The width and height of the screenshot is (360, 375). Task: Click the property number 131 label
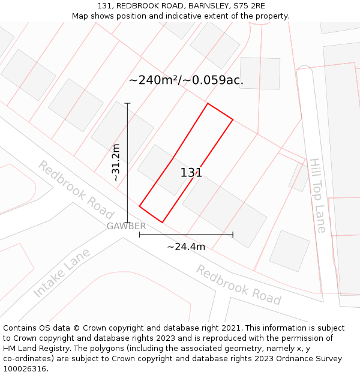[x=191, y=173]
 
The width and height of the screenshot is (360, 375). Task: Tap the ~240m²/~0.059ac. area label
[x=186, y=80]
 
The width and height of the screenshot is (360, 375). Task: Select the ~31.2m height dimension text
[x=116, y=163]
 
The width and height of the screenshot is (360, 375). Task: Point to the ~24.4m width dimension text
[x=186, y=247]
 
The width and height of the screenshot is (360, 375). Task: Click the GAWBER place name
[x=126, y=226]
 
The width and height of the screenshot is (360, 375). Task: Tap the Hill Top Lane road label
[x=317, y=195]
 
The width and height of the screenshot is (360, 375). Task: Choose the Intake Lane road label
[x=62, y=273]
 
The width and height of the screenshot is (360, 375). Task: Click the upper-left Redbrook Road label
[x=76, y=190]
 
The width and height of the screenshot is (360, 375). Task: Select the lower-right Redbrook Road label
[x=238, y=284]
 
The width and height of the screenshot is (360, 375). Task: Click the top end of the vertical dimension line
[x=127, y=103]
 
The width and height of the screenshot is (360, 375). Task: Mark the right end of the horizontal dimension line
[x=233, y=235]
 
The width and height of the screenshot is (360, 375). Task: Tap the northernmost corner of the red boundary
[x=208, y=104]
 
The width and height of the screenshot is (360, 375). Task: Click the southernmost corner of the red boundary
[x=162, y=223]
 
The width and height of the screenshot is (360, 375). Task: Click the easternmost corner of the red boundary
[x=233, y=119]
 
